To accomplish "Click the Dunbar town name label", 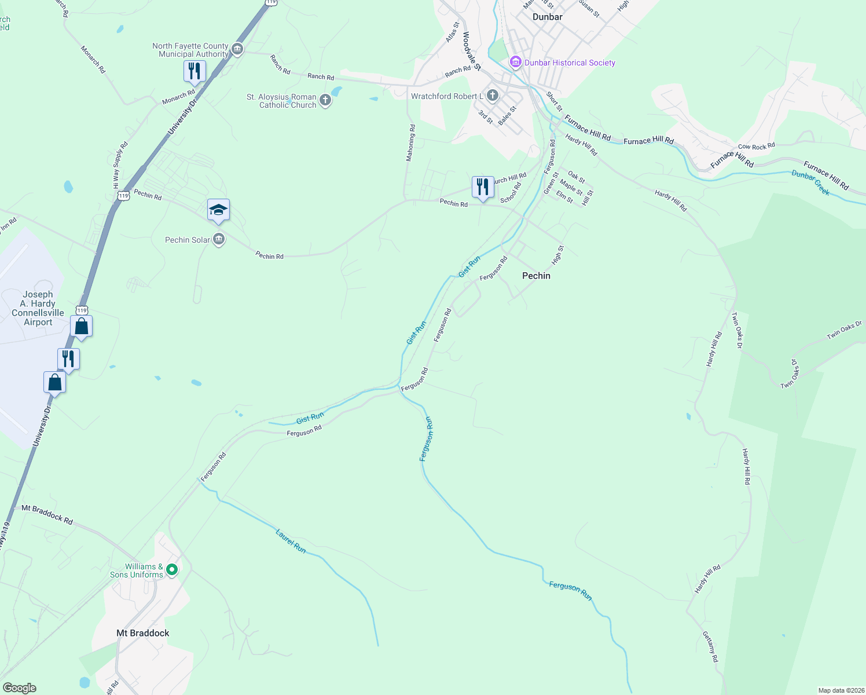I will [547, 17].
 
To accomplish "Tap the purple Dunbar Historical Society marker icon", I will [515, 61].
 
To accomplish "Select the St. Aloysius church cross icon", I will [325, 101].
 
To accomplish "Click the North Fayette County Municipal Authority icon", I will [237, 49].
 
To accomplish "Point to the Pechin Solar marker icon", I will [219, 239].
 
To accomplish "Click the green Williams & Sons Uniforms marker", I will [172, 570].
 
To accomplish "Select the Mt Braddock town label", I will [143, 633].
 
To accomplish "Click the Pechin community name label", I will [536, 276].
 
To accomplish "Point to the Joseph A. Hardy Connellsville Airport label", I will [38, 308].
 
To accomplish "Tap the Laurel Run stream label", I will [291, 541].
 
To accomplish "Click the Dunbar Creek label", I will [811, 182].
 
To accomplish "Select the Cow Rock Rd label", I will [756, 147].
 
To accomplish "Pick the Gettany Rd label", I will [710, 646].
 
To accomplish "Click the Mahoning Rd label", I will [410, 142].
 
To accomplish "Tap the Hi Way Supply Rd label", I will [120, 165].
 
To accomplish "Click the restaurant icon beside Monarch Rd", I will [194, 72].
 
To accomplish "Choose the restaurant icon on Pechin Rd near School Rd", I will [482, 187].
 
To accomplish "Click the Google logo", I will [20, 688].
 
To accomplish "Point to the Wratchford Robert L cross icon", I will [493, 96].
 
